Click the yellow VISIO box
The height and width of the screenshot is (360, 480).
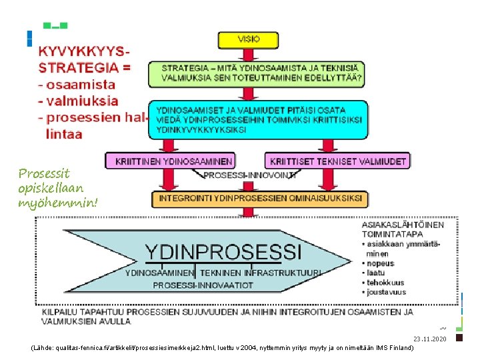click(x=248, y=39)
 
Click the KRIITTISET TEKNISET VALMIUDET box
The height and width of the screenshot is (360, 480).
click(x=338, y=161)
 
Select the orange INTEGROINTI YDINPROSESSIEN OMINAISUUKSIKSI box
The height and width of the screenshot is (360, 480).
click(x=261, y=198)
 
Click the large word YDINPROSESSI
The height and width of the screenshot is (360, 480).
click(x=223, y=253)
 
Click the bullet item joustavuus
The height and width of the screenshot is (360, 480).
click(x=386, y=292)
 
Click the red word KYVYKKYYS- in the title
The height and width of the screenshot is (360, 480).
click(x=84, y=51)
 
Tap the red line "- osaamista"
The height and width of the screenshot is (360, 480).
click(x=77, y=85)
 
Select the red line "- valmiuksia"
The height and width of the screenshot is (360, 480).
click(x=79, y=101)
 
